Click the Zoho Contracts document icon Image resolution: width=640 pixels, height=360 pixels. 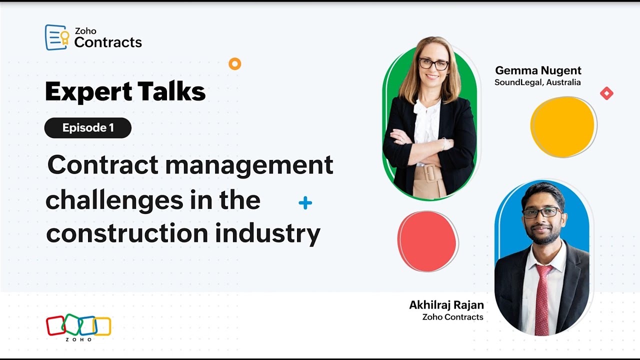point(56,37)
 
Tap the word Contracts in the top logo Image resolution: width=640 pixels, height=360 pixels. point(108,42)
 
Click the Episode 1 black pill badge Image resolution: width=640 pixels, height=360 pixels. point(88,128)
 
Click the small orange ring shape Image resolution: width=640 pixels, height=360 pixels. point(234,63)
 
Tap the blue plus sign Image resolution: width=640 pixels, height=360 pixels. point(305,203)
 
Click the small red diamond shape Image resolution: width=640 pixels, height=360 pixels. point(606,93)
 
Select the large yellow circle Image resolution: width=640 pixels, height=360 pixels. point(563,127)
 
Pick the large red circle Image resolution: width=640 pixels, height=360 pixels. point(427,241)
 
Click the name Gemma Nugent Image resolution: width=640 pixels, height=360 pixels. point(538,70)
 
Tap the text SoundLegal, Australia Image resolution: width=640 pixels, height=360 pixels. point(537,82)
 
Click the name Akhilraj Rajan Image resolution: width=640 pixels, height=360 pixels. point(446,305)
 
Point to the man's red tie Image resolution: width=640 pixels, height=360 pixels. point(542,300)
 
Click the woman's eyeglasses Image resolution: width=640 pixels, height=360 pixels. point(433,64)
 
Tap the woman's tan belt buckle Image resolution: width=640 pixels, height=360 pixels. point(429,173)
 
